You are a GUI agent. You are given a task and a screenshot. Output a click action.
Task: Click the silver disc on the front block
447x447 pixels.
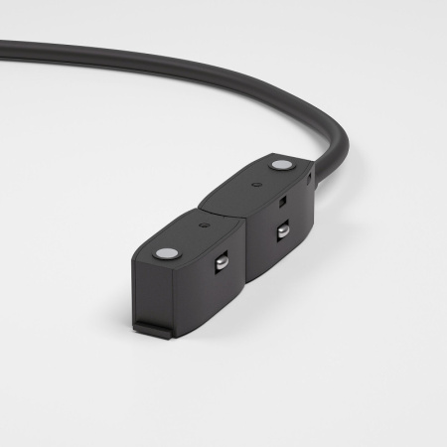[163, 252]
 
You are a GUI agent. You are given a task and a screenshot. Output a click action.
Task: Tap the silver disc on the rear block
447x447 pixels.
[283, 165]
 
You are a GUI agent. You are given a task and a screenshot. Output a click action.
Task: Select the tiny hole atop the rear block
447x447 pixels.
[257, 185]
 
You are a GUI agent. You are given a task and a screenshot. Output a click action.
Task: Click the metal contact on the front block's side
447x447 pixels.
[222, 262]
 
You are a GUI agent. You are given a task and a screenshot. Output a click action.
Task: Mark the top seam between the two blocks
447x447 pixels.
[221, 211]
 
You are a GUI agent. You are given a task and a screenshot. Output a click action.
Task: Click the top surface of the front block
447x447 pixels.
[189, 238]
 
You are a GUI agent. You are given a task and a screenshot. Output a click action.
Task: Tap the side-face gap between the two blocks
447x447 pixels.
[244, 253]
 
